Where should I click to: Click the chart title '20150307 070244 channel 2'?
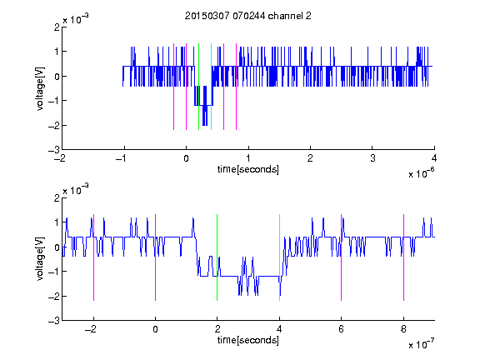[248, 16]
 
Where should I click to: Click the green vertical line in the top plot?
[198, 87]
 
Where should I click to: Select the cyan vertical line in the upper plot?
[211, 87]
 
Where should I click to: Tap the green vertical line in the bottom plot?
[217, 257]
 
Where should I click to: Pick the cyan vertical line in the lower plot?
[279, 257]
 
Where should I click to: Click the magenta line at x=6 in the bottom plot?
[342, 257]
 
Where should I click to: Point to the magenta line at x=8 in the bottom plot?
[404, 257]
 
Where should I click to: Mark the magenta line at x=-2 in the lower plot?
[93, 257]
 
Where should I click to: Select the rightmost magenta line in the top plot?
[237, 87]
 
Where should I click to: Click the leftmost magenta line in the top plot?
[174, 87]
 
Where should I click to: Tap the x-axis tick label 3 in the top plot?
[372, 158]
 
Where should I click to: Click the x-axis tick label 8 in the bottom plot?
[403, 329]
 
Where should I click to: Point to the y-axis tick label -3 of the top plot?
[54, 150]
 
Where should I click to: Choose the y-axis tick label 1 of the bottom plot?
[57, 222]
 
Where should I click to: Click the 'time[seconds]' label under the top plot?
[248, 169]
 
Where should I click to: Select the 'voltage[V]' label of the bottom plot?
[40, 258]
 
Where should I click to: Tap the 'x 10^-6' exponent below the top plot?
[421, 173]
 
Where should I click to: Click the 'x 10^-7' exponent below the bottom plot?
[421, 344]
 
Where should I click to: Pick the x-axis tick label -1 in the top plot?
[122, 158]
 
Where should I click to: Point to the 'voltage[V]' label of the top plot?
[40, 88]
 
